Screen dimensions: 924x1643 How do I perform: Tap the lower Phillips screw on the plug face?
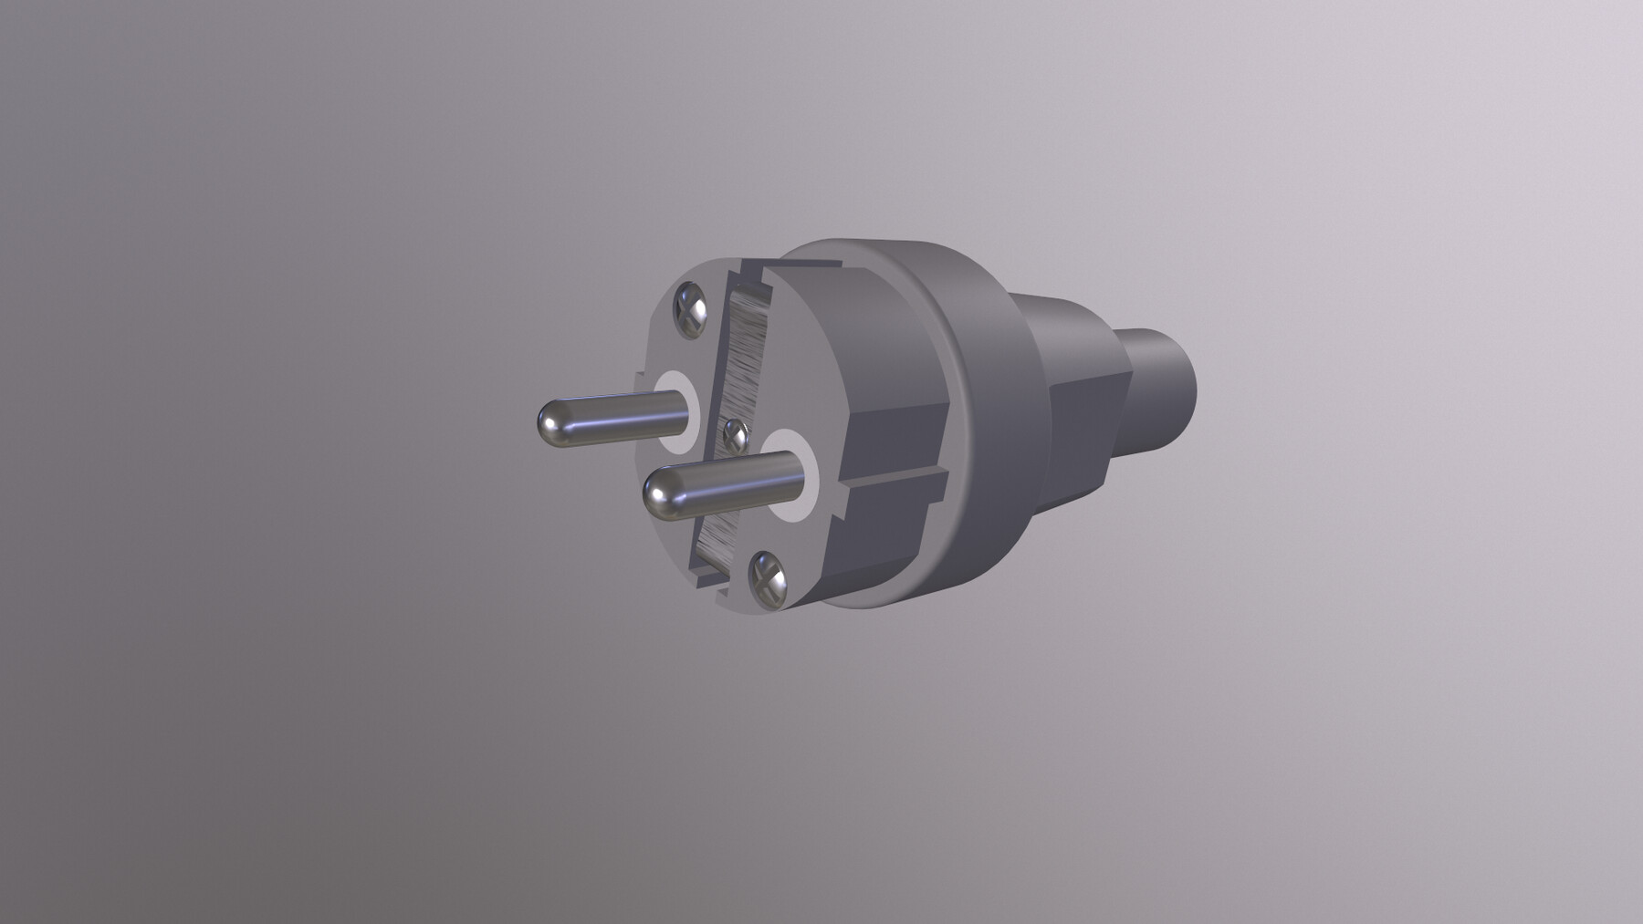coord(767,576)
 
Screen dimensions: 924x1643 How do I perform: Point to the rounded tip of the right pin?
coord(662,495)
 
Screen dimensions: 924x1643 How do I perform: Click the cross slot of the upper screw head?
coord(691,309)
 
